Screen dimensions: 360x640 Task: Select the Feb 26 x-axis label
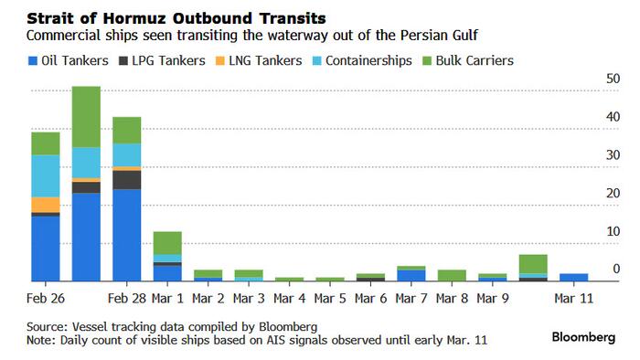coord(45,298)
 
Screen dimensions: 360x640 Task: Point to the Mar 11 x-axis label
coord(573,298)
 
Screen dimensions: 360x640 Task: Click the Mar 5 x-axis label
coord(329,298)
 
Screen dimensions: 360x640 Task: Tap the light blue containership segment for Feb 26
coord(45,175)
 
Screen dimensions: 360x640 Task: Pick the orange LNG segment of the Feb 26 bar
coord(45,205)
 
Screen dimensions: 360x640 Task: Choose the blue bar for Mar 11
coord(573,277)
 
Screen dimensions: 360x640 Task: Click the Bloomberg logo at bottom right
coord(583,337)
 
